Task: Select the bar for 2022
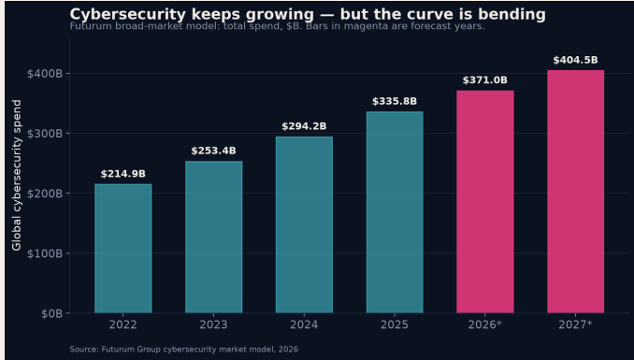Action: tap(122, 249)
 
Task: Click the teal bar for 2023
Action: tap(213, 237)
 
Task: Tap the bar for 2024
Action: tap(304, 224)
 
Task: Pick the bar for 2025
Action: tap(395, 212)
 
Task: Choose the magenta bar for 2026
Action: tap(485, 201)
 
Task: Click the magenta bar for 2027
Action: tap(576, 192)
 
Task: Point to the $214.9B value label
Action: tap(122, 174)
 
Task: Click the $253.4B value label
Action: tap(213, 151)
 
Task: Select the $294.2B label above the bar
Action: tap(304, 126)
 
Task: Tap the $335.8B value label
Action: tap(395, 101)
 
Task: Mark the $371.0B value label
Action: tap(485, 80)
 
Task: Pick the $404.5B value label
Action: tap(576, 60)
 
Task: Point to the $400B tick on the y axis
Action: tap(45, 74)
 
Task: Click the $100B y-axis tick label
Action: tap(45, 253)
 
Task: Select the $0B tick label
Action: tap(52, 314)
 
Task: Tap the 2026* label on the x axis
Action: tap(485, 324)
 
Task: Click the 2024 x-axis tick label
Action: tap(304, 324)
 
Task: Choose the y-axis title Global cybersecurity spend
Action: tap(17, 175)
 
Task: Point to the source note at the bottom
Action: tap(184, 349)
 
